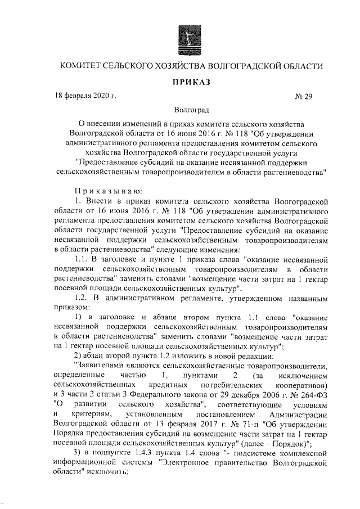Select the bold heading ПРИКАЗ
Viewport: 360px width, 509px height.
point(191,82)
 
